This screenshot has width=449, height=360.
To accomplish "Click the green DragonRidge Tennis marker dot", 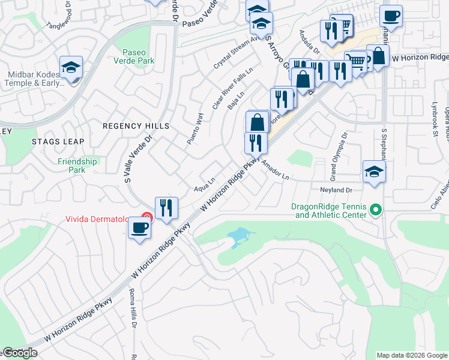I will coord(376,210).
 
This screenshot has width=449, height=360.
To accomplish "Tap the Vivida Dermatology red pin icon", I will coord(146,217).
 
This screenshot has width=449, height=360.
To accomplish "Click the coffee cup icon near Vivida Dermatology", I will coord(140,228).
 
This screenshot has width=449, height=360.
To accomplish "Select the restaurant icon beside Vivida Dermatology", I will coord(166,208).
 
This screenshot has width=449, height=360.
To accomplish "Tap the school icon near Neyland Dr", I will coord(374,171).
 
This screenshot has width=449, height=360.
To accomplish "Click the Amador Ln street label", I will coord(276,173).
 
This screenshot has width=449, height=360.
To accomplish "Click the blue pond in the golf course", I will coord(238,235).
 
